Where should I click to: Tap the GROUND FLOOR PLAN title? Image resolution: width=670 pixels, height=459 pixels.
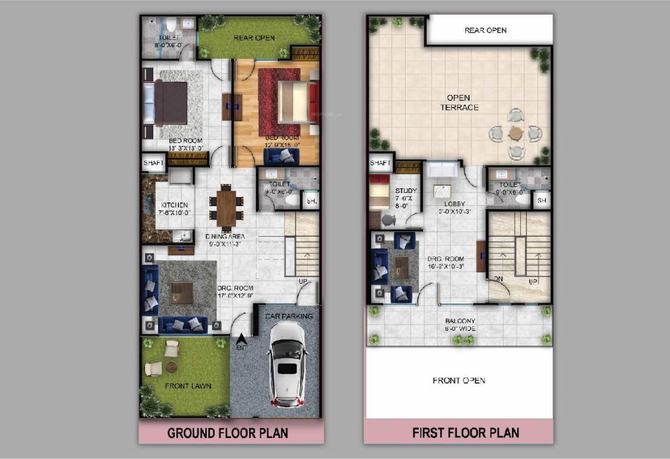[227, 433]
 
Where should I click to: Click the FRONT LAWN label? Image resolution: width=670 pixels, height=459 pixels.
[188, 386]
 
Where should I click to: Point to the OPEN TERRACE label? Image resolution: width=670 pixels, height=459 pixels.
[459, 102]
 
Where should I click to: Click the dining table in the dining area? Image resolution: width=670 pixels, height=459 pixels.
[226, 207]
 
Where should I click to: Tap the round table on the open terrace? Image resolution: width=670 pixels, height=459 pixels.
[515, 133]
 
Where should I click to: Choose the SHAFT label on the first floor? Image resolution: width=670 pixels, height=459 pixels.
[379, 163]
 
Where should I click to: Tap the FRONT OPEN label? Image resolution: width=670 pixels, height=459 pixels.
[458, 380]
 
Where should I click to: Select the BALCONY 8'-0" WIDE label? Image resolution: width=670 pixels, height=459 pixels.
[459, 325]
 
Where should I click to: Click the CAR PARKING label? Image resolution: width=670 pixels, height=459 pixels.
[290, 316]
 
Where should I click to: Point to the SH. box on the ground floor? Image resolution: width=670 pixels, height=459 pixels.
[311, 201]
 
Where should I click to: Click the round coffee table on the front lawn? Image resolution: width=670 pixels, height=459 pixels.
[171, 366]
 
